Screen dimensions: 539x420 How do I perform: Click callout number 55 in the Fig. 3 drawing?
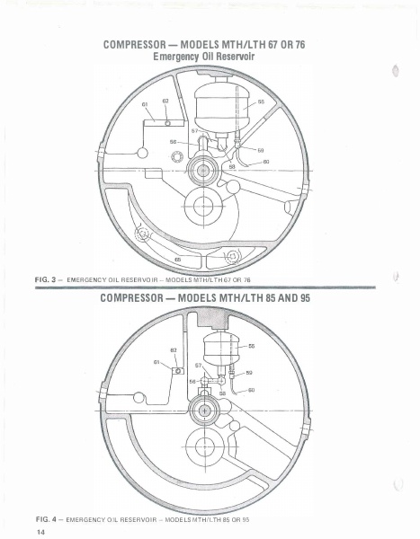pyautogui.click(x=261, y=102)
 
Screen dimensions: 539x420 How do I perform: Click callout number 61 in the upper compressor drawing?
pyautogui.click(x=145, y=104)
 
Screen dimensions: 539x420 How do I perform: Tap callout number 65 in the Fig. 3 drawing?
pyautogui.click(x=177, y=259)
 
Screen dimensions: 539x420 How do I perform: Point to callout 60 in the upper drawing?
pyautogui.click(x=266, y=162)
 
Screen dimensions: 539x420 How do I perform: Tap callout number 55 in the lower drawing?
pyautogui.click(x=251, y=345)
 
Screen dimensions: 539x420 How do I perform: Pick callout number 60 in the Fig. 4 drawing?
pyautogui.click(x=251, y=390)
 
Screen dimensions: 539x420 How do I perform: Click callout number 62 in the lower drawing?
pyautogui.click(x=174, y=349)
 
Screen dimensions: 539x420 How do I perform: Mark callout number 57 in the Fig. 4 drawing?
pyautogui.click(x=199, y=367)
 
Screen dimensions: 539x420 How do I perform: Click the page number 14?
pyautogui.click(x=41, y=532)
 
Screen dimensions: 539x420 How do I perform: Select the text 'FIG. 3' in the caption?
pyautogui.click(x=46, y=280)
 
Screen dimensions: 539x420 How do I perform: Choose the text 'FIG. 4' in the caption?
pyautogui.click(x=46, y=519)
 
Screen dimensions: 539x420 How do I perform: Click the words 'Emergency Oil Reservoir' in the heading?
pyautogui.click(x=210, y=57)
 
